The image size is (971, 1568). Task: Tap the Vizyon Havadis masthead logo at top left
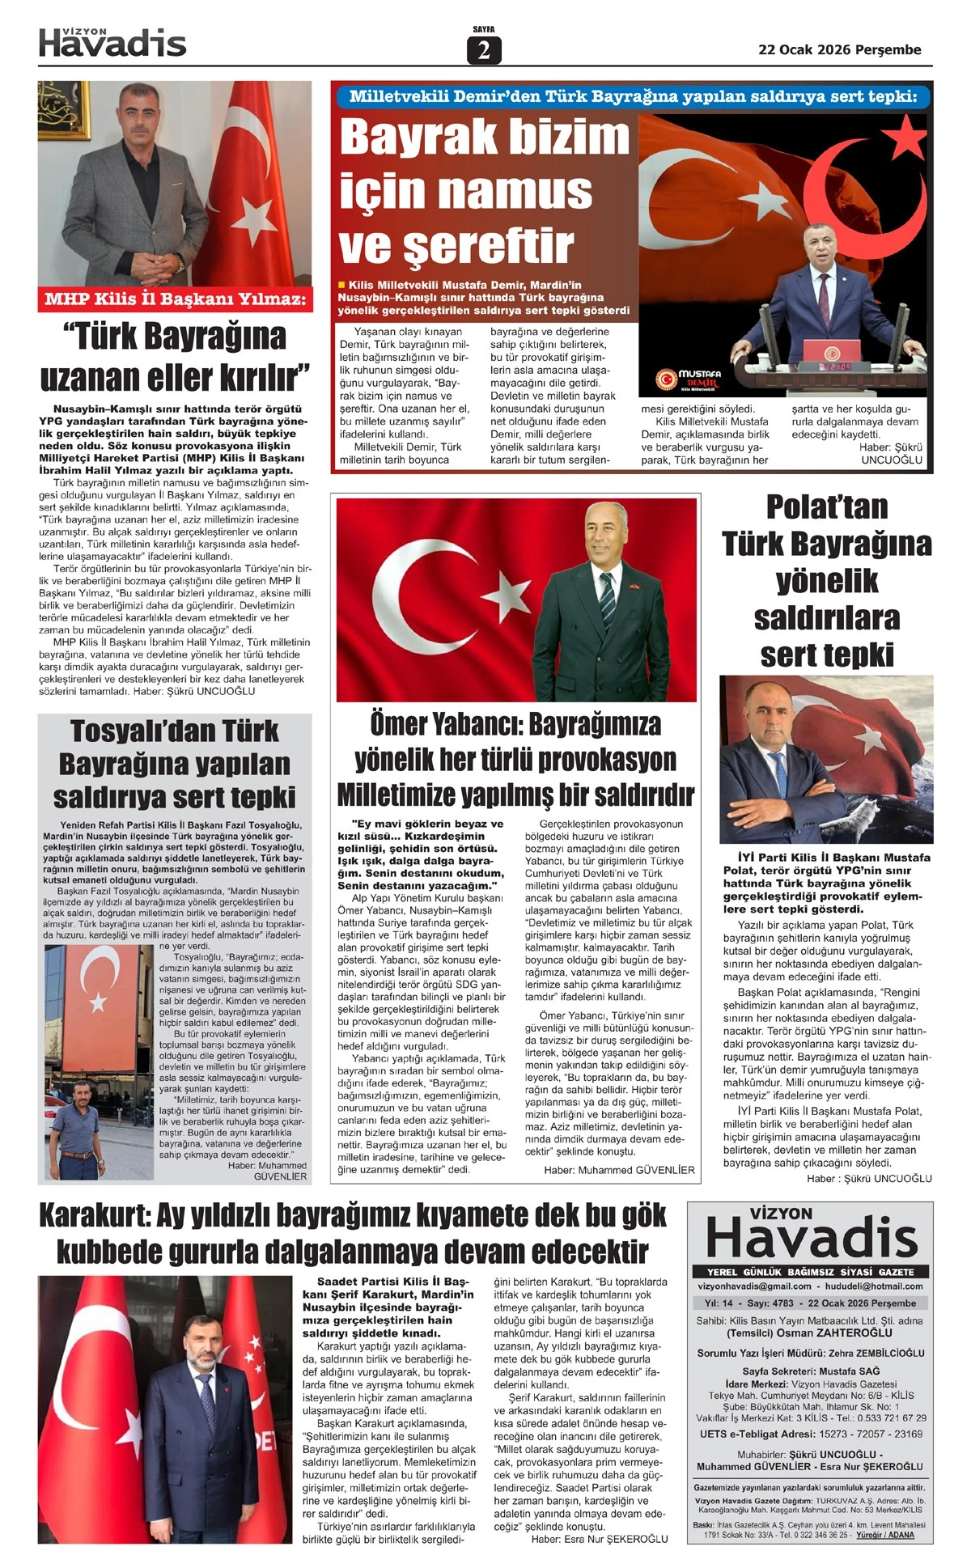pyautogui.click(x=112, y=42)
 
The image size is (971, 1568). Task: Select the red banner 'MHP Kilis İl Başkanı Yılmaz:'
pyautogui.click(x=175, y=299)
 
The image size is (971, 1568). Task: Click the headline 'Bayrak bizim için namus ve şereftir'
pyautogui.click(x=484, y=191)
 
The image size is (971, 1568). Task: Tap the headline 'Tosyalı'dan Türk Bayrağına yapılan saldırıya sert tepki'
pyautogui.click(x=175, y=764)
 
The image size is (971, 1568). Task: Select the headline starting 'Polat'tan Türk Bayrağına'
pyautogui.click(x=826, y=580)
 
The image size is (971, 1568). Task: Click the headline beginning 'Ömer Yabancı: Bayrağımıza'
pyautogui.click(x=515, y=760)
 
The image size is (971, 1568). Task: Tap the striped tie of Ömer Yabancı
pyautogui.click(x=607, y=599)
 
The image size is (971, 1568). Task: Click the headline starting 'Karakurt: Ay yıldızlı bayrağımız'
pyautogui.click(x=353, y=1233)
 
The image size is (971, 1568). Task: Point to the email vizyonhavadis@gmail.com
pyautogui.click(x=754, y=1286)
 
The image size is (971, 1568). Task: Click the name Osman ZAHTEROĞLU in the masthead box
pyautogui.click(x=846, y=1333)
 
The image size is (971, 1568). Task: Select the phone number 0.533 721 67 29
pyautogui.click(x=887, y=1418)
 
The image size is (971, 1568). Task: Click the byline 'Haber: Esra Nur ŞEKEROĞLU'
pyautogui.click(x=600, y=1539)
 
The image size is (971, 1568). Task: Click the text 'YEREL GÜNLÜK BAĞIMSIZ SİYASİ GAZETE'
pyautogui.click(x=810, y=1272)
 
